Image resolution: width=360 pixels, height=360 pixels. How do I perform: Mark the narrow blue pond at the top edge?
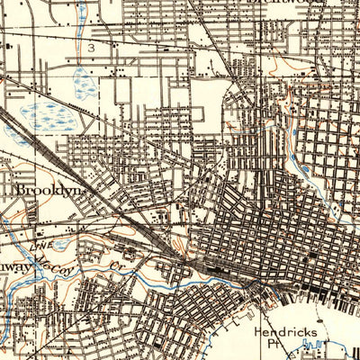click(x=82, y=11)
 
